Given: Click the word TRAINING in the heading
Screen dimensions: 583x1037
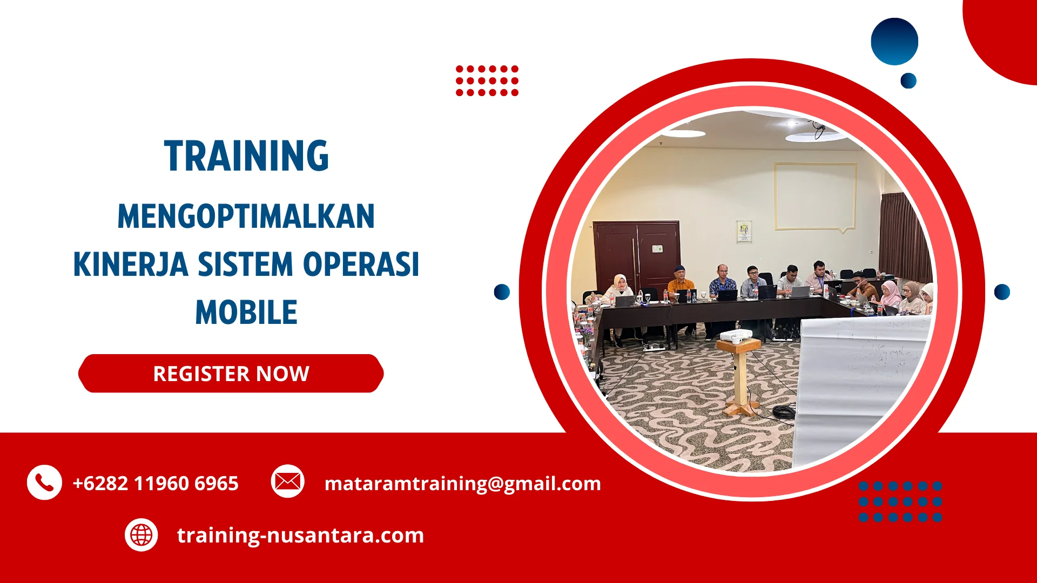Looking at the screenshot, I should (x=246, y=157).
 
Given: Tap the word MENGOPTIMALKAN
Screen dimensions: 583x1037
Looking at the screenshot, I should (x=246, y=216).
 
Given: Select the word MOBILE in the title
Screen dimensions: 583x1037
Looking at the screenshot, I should (x=246, y=313).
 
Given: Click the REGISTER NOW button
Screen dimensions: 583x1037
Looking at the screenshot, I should (x=231, y=374).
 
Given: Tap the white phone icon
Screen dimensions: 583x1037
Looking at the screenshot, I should (x=44, y=482).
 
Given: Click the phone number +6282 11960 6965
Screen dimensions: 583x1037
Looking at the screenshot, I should (x=156, y=483).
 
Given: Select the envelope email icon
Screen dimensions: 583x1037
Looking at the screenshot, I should (x=287, y=481).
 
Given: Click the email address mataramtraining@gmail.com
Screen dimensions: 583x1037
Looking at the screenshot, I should (x=462, y=483).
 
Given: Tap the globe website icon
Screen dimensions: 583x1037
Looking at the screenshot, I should (x=142, y=535).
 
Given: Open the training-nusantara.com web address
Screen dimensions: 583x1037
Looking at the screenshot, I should (x=300, y=535).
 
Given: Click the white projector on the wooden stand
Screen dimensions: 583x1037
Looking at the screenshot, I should (x=736, y=336).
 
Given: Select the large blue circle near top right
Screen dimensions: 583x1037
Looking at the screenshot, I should (x=894, y=42).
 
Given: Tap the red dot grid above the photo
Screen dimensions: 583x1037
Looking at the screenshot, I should (x=487, y=81).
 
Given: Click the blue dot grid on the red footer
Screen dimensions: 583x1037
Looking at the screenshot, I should (x=900, y=501).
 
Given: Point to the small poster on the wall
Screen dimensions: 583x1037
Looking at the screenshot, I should (x=744, y=231).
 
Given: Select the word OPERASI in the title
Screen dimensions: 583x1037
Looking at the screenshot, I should (x=361, y=265).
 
